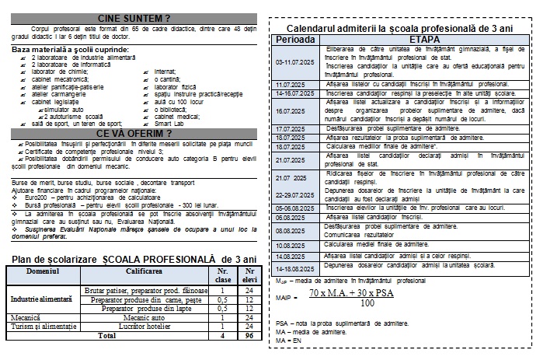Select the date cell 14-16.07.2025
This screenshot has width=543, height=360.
pos(297,93)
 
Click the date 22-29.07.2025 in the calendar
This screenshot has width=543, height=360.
pos(297,195)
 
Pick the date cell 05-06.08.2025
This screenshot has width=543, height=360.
pos(297,208)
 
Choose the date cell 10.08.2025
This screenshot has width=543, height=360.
pos(297,244)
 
